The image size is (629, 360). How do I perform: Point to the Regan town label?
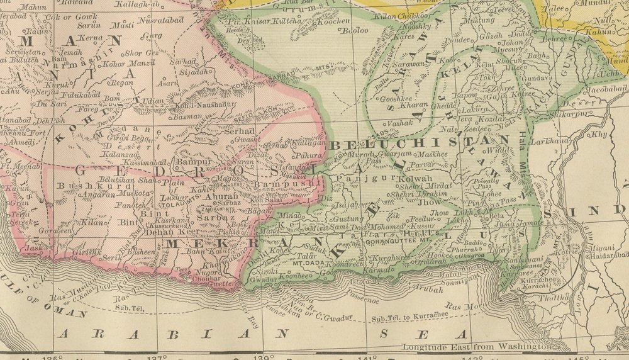click(122, 82)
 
